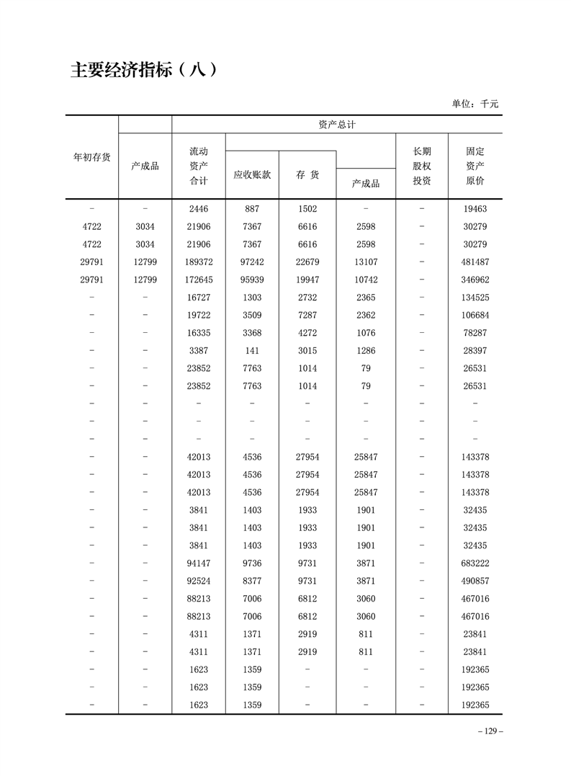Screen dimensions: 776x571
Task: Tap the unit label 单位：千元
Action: (x=475, y=104)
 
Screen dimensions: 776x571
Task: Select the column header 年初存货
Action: (x=92, y=156)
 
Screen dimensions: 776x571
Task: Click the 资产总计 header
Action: (x=337, y=125)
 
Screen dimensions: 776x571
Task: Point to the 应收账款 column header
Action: (x=252, y=174)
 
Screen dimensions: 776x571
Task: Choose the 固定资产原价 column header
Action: (x=475, y=166)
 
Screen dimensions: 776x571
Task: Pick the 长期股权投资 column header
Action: (x=422, y=166)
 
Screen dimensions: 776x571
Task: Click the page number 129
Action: (x=490, y=731)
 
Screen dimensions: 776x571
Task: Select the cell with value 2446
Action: (x=199, y=209)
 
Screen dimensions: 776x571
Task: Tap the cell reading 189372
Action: (x=199, y=262)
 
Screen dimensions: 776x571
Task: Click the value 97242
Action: (x=252, y=262)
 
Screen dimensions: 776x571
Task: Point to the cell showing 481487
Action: (x=475, y=262)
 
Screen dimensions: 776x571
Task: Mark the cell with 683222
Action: (x=475, y=563)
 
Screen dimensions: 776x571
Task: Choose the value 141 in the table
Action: (x=252, y=351)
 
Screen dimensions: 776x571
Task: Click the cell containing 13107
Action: (x=366, y=262)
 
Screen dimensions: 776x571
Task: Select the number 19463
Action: (x=475, y=209)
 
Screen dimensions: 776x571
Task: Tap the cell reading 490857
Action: (x=475, y=581)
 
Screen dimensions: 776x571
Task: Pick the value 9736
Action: (x=252, y=563)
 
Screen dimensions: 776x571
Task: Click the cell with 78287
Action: (x=475, y=333)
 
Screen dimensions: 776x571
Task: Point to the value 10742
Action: (x=366, y=280)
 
